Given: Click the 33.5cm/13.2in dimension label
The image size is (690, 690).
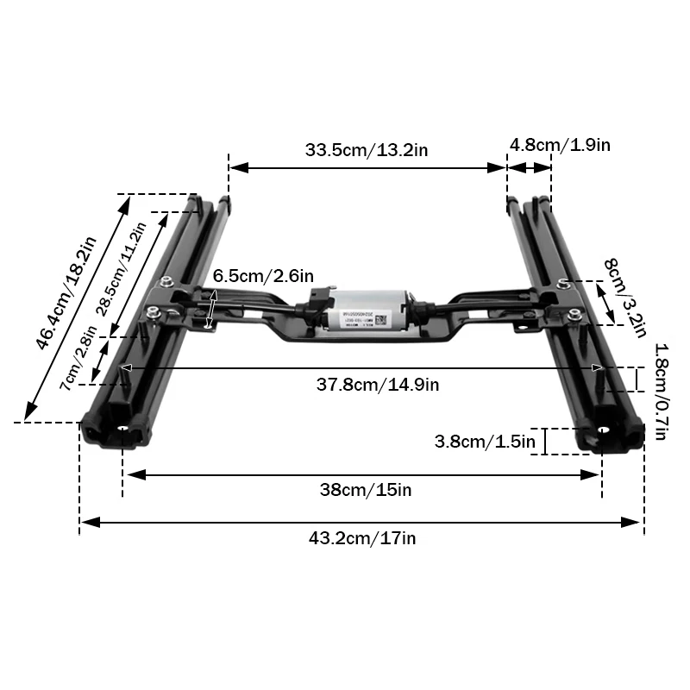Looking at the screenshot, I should point(367,150).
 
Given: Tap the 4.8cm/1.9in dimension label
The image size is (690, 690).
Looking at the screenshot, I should point(560,145).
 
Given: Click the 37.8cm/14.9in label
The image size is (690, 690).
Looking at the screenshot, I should point(377,385).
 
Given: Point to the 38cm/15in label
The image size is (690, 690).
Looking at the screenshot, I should point(366,490).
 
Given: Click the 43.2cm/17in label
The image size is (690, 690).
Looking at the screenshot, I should point(362,538).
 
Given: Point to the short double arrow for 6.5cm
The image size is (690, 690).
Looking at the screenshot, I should point(213,309).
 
